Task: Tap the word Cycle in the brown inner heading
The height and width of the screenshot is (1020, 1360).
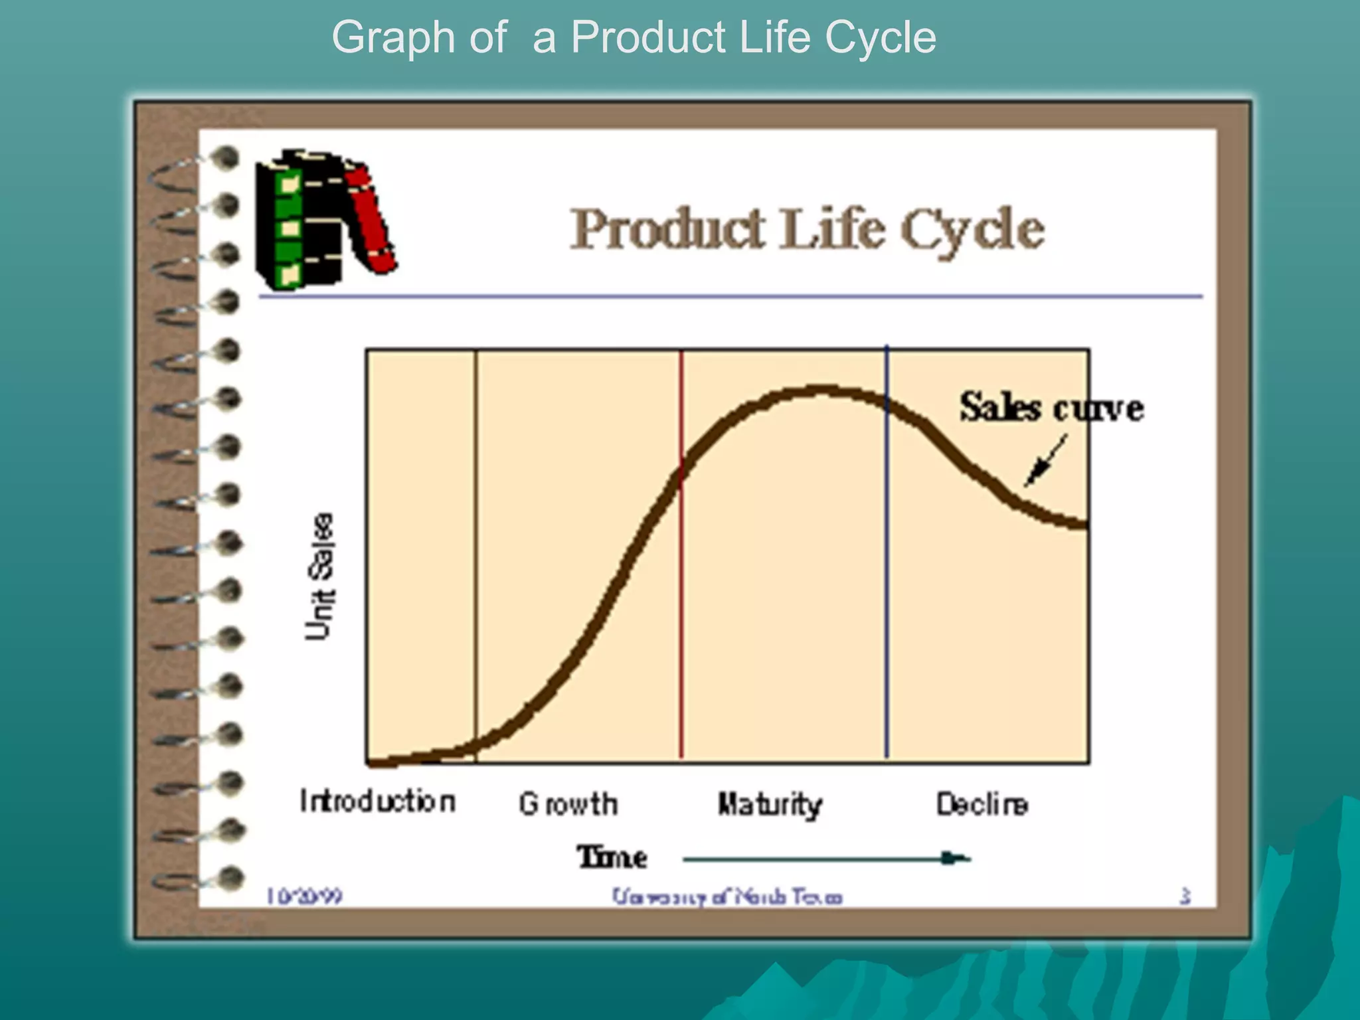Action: tap(972, 230)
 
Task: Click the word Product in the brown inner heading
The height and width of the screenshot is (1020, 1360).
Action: tap(668, 228)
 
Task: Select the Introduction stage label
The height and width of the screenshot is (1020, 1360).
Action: tap(377, 802)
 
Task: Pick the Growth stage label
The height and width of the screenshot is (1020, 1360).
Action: tap(568, 804)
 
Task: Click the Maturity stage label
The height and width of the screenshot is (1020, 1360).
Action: tap(770, 805)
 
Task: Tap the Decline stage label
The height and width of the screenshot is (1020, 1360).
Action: tap(981, 804)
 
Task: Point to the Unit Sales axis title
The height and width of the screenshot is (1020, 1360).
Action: tap(319, 576)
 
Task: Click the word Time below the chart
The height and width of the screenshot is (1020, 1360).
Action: tap(612, 857)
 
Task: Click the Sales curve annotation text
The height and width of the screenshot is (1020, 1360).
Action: tap(1051, 407)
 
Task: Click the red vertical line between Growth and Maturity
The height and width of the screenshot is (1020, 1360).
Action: tap(681, 598)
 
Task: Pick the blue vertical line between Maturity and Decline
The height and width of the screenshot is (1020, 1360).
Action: tap(887, 598)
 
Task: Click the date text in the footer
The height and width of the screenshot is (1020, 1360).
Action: tap(304, 896)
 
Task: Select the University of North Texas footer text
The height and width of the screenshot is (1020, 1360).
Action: tap(727, 897)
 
